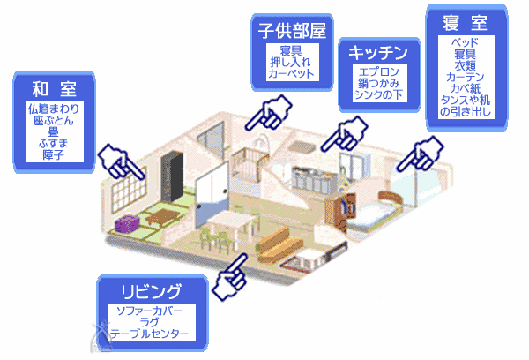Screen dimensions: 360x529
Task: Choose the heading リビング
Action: (153, 291)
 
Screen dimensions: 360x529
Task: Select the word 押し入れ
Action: (293, 62)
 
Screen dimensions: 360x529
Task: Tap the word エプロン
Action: (376, 71)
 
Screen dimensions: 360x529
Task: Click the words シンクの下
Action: (376, 93)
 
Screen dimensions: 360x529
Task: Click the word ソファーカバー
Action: (153, 311)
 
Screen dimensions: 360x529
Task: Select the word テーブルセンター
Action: (153, 334)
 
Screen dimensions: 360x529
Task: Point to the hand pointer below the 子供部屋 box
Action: (272, 111)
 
